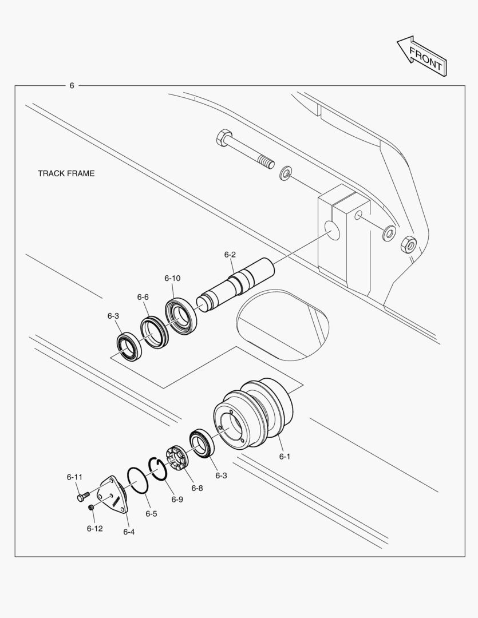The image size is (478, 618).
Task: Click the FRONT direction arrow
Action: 422,57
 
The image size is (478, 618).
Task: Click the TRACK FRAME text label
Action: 66,173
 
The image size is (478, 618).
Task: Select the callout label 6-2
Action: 230,255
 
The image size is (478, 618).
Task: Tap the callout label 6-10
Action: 172,278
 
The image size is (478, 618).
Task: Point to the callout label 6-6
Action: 143,297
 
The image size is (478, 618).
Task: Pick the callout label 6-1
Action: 285,457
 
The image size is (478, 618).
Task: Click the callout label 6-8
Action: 197,488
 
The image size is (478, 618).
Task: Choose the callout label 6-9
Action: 177,500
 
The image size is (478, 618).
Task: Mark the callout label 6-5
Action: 151,513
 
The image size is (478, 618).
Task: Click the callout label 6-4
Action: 129,532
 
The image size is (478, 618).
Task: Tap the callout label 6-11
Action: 74,477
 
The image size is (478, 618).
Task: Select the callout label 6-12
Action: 94,529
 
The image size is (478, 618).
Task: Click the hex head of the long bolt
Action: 223,137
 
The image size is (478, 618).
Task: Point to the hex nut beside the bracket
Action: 408,245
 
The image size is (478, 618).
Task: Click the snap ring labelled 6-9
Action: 160,469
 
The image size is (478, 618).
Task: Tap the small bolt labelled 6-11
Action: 83,496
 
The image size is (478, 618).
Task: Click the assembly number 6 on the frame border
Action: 72,85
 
